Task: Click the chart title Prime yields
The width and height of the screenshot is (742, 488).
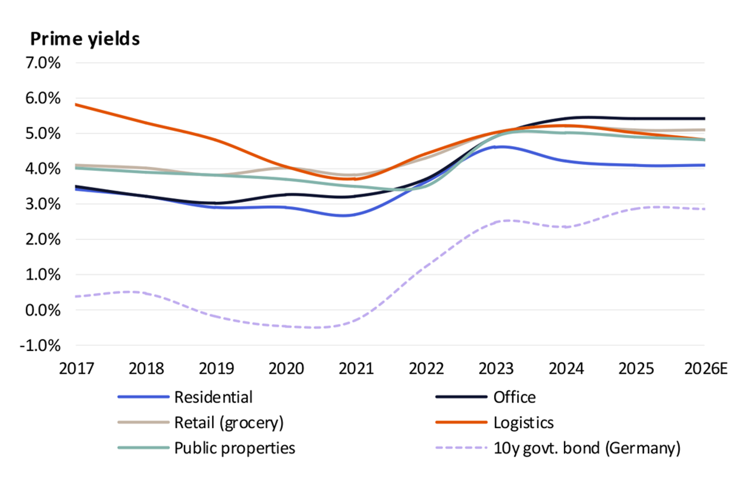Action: (85, 39)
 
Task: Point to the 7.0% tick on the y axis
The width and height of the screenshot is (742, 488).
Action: (43, 63)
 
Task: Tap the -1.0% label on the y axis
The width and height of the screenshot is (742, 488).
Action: (40, 345)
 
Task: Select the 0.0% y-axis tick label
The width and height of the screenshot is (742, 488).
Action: (43, 310)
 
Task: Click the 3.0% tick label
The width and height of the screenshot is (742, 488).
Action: (43, 204)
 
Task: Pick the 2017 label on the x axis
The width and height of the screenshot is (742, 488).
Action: (76, 369)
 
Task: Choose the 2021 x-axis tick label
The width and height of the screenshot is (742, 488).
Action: (356, 369)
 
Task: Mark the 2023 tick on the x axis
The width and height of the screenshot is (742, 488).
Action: (496, 369)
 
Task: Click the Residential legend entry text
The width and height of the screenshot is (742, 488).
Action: (213, 397)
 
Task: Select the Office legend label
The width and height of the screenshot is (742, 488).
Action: (514, 397)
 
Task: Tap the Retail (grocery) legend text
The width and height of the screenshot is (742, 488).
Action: (229, 422)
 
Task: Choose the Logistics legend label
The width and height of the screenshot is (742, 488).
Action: (523, 422)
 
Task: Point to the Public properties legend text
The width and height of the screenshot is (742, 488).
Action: (234, 448)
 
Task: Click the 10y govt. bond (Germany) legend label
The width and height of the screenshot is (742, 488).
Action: (587, 448)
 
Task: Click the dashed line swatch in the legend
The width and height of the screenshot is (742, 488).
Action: (461, 448)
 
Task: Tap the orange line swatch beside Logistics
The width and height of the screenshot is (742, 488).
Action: (461, 422)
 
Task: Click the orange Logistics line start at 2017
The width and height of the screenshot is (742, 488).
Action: (76, 105)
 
